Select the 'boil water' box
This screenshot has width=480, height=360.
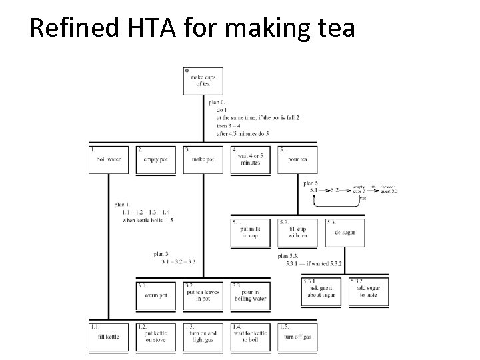108,160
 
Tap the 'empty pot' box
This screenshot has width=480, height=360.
155,160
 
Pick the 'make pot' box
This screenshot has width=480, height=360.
203,160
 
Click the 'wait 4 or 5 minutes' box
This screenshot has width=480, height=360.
250,160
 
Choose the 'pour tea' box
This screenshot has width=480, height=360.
297,160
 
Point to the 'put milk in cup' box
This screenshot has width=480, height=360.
251,233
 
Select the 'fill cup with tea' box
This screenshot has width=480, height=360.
297,233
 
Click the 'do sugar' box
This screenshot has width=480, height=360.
345,233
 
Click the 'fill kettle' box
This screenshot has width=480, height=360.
108,337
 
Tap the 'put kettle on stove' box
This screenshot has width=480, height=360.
155,337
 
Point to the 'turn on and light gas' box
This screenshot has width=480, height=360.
203,337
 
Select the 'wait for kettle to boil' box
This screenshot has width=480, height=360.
250,337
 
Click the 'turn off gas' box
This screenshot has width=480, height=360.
297,337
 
